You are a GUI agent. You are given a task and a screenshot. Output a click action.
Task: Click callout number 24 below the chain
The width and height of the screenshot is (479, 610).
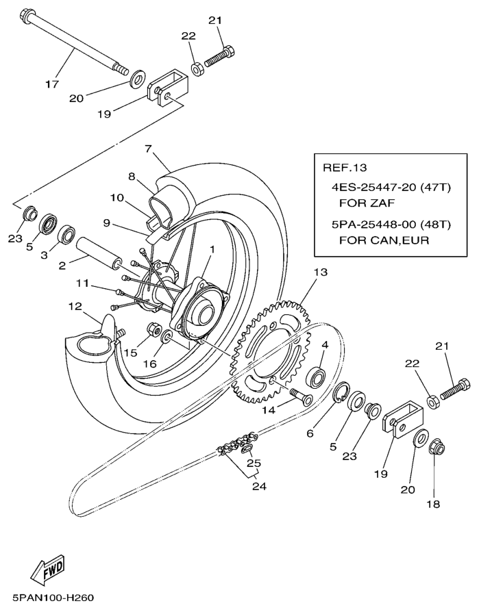pos(257,487)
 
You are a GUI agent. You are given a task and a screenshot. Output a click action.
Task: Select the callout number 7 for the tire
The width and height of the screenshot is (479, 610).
pos(147,148)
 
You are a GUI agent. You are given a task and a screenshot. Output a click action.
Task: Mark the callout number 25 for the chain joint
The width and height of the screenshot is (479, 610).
pos(254,463)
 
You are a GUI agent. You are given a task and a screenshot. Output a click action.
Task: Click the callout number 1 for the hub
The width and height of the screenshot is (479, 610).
pos(212,249)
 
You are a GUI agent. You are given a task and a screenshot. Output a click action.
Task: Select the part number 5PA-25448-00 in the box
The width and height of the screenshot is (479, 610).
pos(371,224)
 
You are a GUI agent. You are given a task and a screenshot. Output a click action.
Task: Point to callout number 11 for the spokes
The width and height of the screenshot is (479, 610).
pos(83,283)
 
